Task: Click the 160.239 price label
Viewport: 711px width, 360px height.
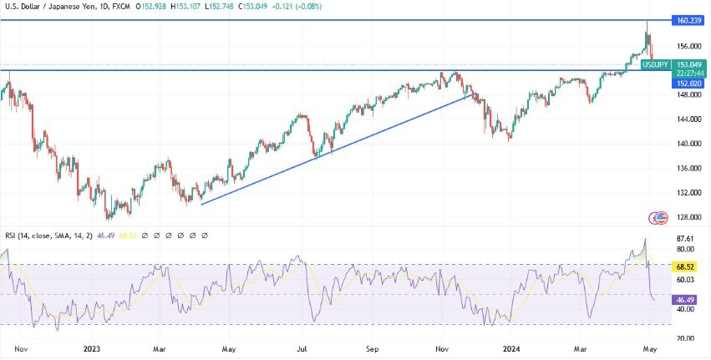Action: point(689,19)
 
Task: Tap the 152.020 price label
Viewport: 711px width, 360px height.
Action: point(689,84)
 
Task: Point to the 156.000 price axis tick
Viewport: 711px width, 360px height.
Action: point(689,46)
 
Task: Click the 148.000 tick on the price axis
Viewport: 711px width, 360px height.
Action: point(689,94)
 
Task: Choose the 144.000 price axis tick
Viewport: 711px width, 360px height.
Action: point(689,119)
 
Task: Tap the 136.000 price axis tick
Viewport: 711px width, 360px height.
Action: point(689,168)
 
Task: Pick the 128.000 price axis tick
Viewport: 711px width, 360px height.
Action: point(689,217)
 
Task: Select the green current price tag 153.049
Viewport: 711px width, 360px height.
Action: point(689,64)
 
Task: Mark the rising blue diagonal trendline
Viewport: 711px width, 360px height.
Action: point(334,150)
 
